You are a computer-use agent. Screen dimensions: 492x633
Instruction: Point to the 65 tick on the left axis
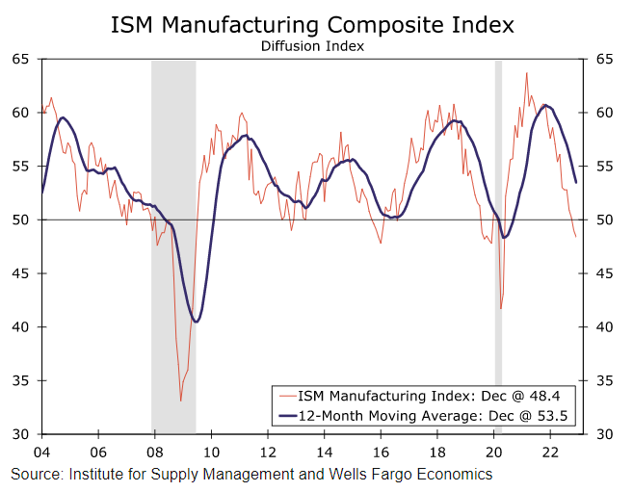(21, 59)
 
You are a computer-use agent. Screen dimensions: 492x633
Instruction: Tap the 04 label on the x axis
(41, 451)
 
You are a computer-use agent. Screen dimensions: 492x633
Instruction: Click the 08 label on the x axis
(154, 451)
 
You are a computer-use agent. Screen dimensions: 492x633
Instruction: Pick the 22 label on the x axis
(550, 451)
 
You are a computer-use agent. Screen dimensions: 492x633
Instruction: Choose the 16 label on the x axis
(381, 451)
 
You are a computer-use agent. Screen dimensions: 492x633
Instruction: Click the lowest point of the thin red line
(180, 401)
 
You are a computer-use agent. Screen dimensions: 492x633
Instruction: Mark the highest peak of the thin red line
(526, 72)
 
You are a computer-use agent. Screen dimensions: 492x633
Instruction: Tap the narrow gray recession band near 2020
(498, 241)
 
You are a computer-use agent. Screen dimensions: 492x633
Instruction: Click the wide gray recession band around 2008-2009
(173, 241)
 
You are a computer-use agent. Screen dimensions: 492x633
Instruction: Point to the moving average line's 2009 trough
(196, 322)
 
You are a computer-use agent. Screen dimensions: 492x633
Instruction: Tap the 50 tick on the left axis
(21, 220)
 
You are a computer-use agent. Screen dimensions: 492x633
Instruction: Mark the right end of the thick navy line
(576, 182)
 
